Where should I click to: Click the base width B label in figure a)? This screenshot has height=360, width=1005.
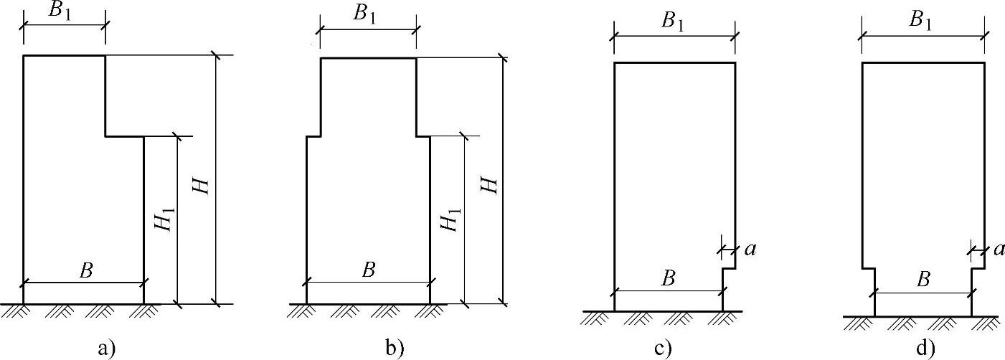tap(85, 270)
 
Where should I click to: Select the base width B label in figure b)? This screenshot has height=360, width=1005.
tap(369, 270)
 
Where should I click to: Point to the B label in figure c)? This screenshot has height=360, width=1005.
tap(669, 279)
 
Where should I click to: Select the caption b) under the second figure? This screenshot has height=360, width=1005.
tap(394, 349)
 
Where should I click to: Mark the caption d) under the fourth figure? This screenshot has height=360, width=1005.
tap(924, 349)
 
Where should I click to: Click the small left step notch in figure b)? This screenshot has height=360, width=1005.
tap(313, 135)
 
